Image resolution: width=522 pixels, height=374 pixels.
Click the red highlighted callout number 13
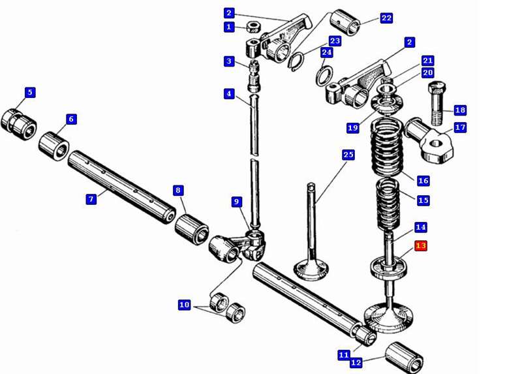[421, 246]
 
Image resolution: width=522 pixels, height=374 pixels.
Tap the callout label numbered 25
[348, 155]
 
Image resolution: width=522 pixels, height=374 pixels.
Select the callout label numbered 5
[30, 93]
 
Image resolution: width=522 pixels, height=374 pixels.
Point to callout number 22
[386, 18]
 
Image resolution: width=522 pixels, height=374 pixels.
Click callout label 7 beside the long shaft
[91, 199]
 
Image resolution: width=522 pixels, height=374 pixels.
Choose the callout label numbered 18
[460, 110]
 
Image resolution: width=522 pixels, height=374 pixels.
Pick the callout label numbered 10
[185, 305]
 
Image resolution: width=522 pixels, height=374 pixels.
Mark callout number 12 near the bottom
[356, 362]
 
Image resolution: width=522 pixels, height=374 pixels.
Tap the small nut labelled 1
[254, 28]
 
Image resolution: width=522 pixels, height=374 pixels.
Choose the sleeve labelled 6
[54, 144]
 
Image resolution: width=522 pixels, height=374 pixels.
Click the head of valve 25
[311, 268]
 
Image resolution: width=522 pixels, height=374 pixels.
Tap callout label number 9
[237, 202]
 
